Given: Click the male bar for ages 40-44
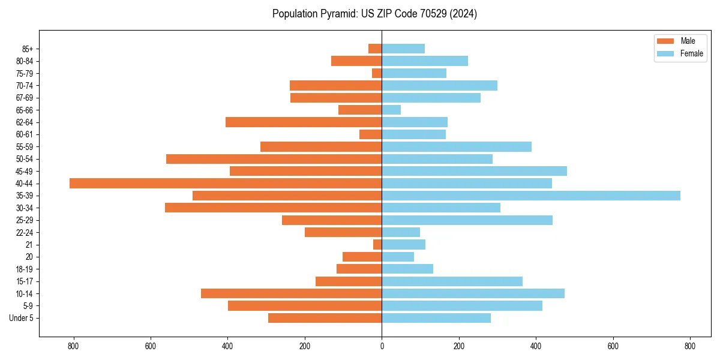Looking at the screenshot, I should coord(226,183).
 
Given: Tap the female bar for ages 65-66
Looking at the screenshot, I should coord(391,110).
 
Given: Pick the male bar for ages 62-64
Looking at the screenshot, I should coord(304,122).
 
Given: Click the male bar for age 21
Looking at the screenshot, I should coord(377,244).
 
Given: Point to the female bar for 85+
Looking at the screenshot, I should coord(403,49).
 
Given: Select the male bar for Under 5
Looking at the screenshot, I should coord(325,318).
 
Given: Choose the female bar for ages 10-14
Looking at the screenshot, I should coord(473,293).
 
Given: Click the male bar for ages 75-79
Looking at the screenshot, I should coord(377,73).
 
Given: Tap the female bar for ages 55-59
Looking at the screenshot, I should coord(457,146).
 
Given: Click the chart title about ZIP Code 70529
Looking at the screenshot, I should coord(374,14).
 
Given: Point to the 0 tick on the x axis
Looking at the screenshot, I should coord(382,346).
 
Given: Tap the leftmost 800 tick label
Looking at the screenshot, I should coord(73,346).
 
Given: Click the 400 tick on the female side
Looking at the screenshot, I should coord(536,346).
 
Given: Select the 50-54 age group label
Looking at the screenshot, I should coord(24,159).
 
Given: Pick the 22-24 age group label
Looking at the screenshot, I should coord(24,232).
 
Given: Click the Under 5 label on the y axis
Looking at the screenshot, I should coord(21,318).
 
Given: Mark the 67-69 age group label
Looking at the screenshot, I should coord(24,98).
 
